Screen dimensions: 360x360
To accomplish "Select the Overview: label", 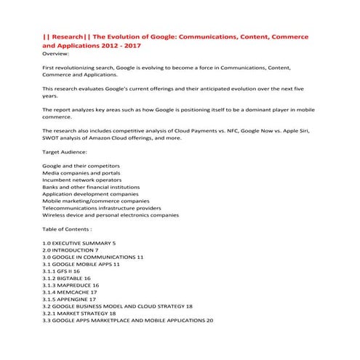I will [57, 53].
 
